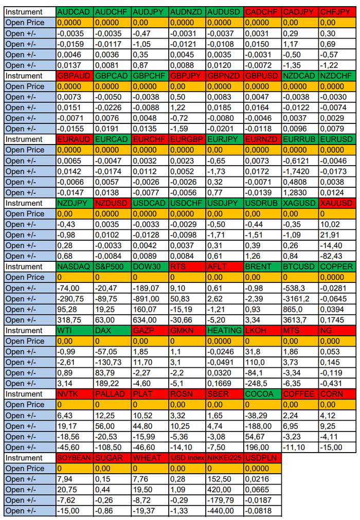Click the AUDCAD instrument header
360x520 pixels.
click(75, 12)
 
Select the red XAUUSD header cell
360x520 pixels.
click(337, 203)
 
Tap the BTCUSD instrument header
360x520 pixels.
click(300, 266)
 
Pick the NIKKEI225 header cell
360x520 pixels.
click(224, 458)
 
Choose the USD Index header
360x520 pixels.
click(187, 458)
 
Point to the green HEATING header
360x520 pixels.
click(224, 330)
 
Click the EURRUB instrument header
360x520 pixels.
click(300, 139)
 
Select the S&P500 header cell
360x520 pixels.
click(113, 266)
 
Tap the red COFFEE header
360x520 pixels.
click(300, 394)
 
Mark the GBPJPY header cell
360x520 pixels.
click(187, 76)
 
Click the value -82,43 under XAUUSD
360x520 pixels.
click(337, 256)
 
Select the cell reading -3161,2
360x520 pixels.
click(300, 299)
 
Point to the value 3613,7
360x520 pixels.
click(300, 320)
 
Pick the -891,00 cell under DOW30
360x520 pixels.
click(150, 299)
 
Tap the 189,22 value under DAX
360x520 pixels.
click(113, 383)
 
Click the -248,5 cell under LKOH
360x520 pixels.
click(262, 383)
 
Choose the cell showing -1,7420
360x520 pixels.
click(300, 171)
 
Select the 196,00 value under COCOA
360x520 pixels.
click(262, 447)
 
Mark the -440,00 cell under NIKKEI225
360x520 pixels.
click(224, 511)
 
